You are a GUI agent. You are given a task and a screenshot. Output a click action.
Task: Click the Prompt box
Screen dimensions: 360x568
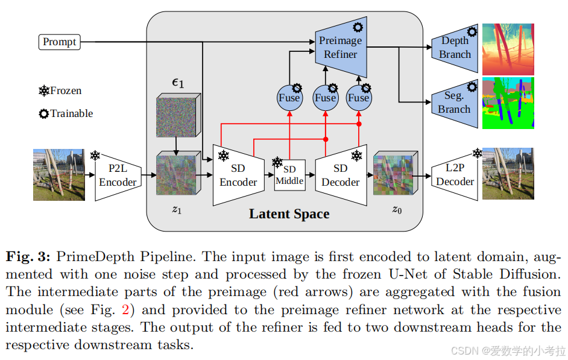(60, 42)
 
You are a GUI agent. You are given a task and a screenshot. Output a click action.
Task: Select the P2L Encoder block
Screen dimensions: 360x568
(118, 175)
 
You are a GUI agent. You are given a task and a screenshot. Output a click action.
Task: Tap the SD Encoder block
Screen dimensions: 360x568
(238, 175)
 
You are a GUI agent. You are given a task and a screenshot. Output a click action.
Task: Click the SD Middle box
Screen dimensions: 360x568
(289, 175)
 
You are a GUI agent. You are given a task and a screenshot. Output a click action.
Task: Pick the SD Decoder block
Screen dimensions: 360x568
(340, 175)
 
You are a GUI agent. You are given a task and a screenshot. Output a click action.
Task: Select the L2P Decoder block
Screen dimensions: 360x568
(455, 175)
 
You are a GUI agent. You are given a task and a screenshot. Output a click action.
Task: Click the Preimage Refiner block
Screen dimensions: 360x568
(341, 47)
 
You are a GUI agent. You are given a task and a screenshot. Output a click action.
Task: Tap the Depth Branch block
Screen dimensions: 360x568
(455, 48)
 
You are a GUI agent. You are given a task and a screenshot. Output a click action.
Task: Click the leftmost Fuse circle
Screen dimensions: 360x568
(289, 98)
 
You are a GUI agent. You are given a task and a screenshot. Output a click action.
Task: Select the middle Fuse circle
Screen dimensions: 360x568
(325, 98)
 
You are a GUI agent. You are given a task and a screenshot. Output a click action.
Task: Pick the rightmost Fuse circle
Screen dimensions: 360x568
(359, 98)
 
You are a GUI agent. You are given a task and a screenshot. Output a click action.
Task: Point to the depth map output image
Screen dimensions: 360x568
(508, 49)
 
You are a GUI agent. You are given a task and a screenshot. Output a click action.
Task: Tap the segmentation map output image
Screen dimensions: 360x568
(508, 103)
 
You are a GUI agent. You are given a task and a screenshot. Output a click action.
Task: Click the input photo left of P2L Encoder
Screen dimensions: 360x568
(58, 175)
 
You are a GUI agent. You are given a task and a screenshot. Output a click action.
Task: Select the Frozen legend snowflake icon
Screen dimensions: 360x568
(44, 91)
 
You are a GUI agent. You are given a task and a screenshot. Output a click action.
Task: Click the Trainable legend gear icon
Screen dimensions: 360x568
(44, 113)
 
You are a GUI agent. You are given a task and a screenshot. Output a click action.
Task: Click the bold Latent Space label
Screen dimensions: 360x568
(289, 214)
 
